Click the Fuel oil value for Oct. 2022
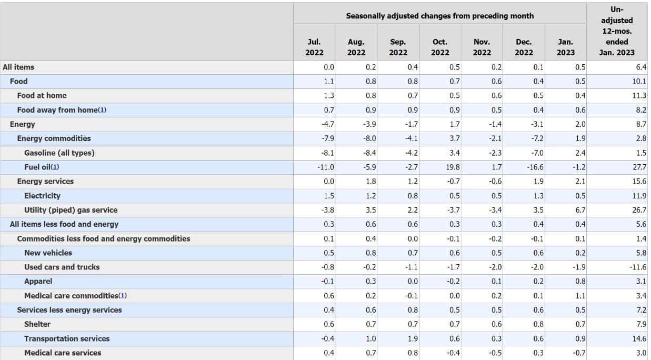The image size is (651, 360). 452,167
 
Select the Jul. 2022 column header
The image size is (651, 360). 314,47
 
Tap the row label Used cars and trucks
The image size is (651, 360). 62,267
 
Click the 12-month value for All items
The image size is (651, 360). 640,67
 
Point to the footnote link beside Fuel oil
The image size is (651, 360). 55,167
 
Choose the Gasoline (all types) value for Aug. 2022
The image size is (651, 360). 370,153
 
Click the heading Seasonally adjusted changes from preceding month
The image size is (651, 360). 439,16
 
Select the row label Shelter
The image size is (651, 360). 37,324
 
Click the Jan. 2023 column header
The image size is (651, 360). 565,47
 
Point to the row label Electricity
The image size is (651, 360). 42,196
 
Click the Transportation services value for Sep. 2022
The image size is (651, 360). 412,338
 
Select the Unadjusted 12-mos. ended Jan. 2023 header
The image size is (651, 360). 617,31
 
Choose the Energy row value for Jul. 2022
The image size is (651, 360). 327,124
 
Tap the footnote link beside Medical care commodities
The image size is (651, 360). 122,296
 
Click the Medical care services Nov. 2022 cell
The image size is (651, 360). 495,353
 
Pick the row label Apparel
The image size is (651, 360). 38,281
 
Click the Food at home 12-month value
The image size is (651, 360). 639,95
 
